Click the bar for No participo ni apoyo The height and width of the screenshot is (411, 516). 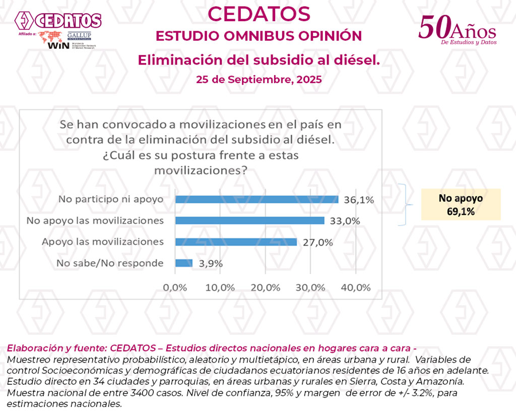256,199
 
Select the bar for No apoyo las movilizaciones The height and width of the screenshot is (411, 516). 249,221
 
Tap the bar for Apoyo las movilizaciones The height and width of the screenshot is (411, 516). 236,242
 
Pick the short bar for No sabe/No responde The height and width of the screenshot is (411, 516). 184,263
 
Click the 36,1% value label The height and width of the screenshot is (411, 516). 359,200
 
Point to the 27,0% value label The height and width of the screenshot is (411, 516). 318,242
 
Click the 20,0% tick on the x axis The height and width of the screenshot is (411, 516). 265,288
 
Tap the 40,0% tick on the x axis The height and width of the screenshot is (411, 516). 356,288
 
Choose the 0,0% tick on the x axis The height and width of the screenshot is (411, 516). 175,288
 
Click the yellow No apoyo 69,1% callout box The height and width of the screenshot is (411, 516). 461,204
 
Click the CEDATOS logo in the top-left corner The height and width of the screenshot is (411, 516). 58,21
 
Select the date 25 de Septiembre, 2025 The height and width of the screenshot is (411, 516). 259,80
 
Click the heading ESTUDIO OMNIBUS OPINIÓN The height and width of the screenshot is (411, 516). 259,36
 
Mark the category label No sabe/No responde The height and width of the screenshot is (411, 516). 110,263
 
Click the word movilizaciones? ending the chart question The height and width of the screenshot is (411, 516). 201,171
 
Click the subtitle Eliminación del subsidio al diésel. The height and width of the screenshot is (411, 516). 259,60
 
